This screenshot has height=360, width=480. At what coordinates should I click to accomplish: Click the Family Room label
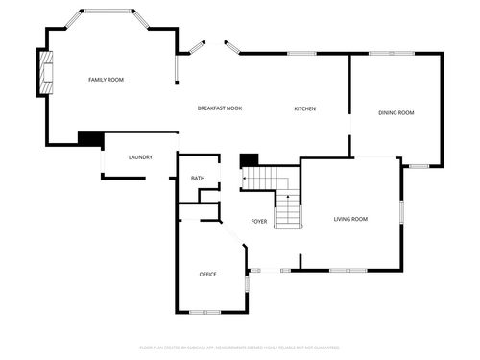tap(106, 79)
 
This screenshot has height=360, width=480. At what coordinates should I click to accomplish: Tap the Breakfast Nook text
tap(220, 108)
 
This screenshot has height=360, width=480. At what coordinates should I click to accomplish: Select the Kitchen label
tap(304, 108)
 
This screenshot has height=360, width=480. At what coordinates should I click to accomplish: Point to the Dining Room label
tap(396, 113)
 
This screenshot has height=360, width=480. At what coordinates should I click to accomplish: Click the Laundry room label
tap(141, 156)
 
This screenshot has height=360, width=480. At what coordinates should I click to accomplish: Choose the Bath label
tap(198, 178)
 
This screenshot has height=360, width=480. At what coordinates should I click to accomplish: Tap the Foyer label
tap(259, 221)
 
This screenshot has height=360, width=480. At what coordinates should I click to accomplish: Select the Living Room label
tap(350, 219)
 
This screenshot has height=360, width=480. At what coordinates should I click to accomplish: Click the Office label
tap(207, 274)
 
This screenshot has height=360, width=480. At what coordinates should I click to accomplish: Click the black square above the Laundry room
tap(89, 138)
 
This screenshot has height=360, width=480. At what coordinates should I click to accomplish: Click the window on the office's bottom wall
tap(199, 312)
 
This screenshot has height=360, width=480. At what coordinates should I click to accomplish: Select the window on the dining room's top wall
tap(396, 53)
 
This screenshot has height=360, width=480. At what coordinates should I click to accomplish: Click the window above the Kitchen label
tap(301, 53)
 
